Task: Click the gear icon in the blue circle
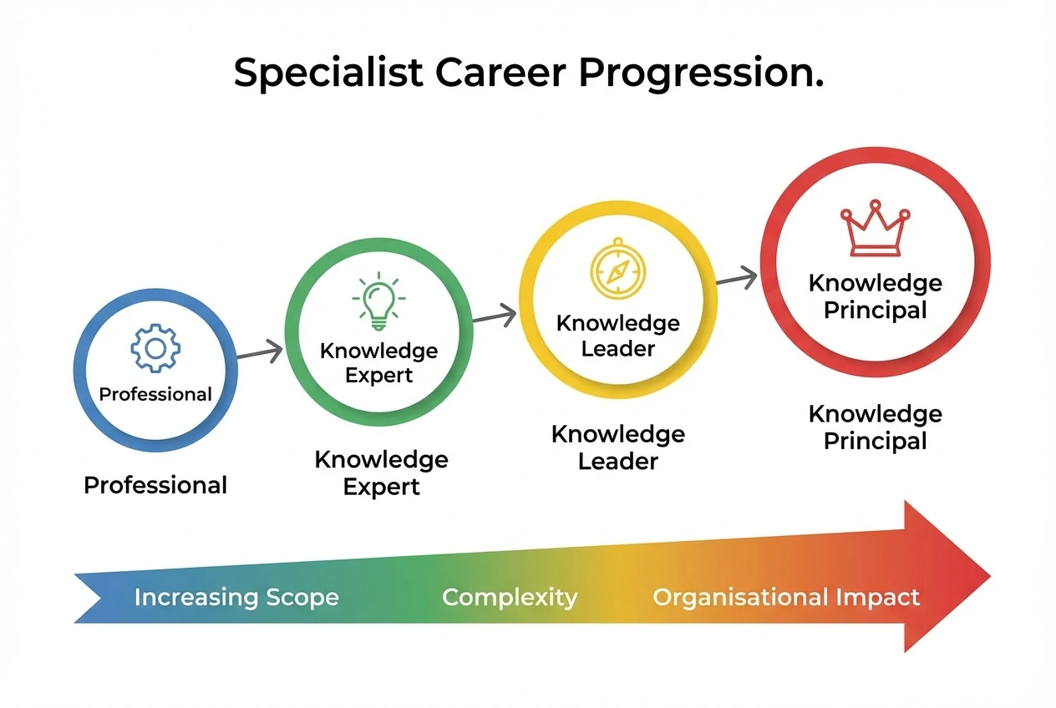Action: (x=155, y=349)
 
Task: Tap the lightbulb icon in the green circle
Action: (x=378, y=300)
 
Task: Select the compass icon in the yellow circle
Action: (x=617, y=268)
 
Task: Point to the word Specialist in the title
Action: (x=329, y=73)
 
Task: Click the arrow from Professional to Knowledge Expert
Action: (x=260, y=354)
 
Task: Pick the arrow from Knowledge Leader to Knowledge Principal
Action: (x=737, y=280)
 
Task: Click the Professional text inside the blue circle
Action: (x=155, y=394)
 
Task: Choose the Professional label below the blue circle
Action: (x=155, y=485)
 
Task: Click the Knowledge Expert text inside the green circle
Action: (x=378, y=362)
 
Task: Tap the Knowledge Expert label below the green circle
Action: (x=381, y=473)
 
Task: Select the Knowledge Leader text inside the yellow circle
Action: (x=617, y=336)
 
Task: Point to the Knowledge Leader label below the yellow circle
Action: (x=617, y=448)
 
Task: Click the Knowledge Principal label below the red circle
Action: (x=875, y=427)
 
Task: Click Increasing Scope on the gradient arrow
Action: (x=236, y=598)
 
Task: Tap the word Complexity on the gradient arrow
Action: (x=509, y=598)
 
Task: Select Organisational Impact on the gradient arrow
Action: (x=785, y=598)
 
